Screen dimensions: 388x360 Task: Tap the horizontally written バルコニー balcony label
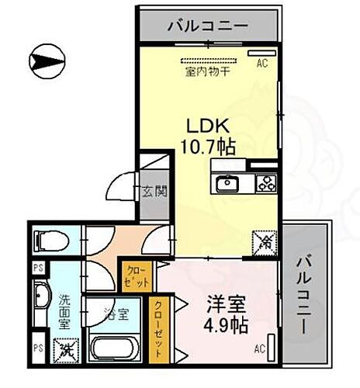tap(208, 26)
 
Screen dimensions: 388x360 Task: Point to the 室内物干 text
tap(208, 73)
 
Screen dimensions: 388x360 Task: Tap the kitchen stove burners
tap(266, 185)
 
